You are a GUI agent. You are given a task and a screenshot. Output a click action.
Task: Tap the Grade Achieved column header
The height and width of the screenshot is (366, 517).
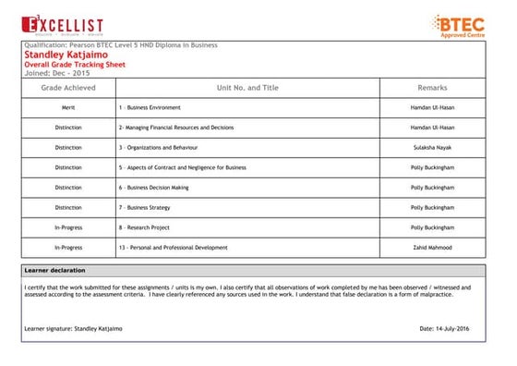click(67, 88)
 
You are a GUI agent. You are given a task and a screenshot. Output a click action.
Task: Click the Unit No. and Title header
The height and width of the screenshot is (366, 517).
click(246, 88)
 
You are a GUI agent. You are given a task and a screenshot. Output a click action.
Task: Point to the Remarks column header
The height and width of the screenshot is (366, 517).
click(432, 88)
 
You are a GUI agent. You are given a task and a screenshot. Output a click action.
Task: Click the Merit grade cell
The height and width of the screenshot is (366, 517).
click(67, 108)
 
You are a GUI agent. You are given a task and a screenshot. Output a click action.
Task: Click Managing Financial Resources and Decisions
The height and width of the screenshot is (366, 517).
click(176, 128)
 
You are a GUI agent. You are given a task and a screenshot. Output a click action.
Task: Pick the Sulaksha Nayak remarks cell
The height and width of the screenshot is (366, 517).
click(432, 148)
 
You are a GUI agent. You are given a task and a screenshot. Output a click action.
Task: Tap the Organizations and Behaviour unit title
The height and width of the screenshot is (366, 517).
click(158, 148)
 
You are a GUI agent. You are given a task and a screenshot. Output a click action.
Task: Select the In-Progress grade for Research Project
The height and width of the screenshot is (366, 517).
click(67, 227)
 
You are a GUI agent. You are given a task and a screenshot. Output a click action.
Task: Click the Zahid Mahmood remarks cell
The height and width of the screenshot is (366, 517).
click(432, 248)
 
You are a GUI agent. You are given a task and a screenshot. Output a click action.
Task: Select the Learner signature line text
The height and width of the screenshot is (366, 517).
click(73, 328)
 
